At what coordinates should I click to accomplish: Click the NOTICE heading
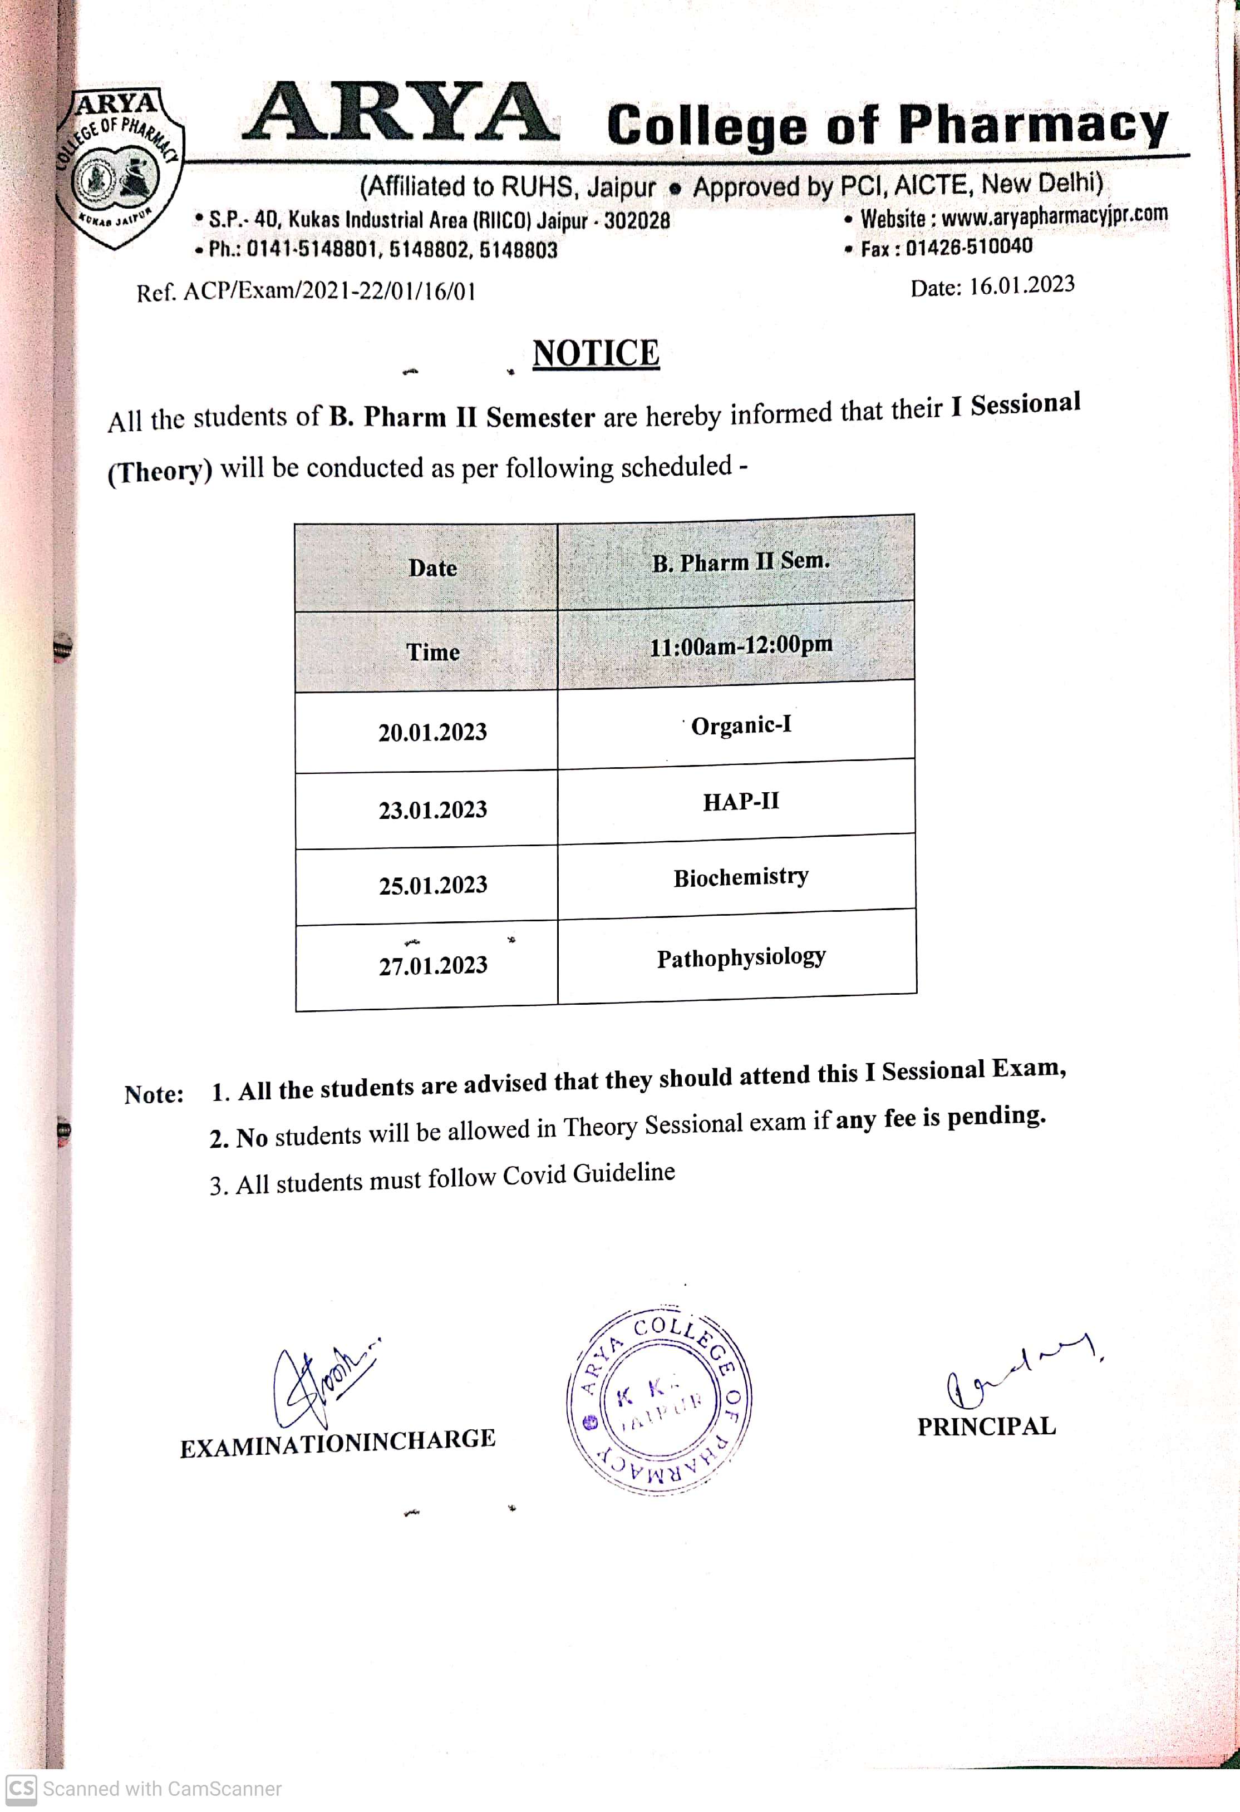pos(596,353)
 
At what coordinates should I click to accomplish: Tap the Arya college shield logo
pos(119,167)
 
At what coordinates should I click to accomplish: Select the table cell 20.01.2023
pos(433,732)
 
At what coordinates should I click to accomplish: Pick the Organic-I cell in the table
pos(741,725)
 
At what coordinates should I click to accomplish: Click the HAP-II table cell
pos(741,802)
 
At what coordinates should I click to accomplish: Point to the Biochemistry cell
pos(741,877)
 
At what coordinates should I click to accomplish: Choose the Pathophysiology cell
pos(741,957)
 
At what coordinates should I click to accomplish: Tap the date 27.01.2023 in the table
pos(433,965)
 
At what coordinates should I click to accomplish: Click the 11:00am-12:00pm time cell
pos(741,645)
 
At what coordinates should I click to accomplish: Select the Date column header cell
pos(433,567)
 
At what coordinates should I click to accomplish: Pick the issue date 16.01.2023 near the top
pos(1022,285)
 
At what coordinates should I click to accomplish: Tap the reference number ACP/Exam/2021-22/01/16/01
pos(328,292)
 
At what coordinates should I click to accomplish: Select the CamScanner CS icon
pos(21,1788)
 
